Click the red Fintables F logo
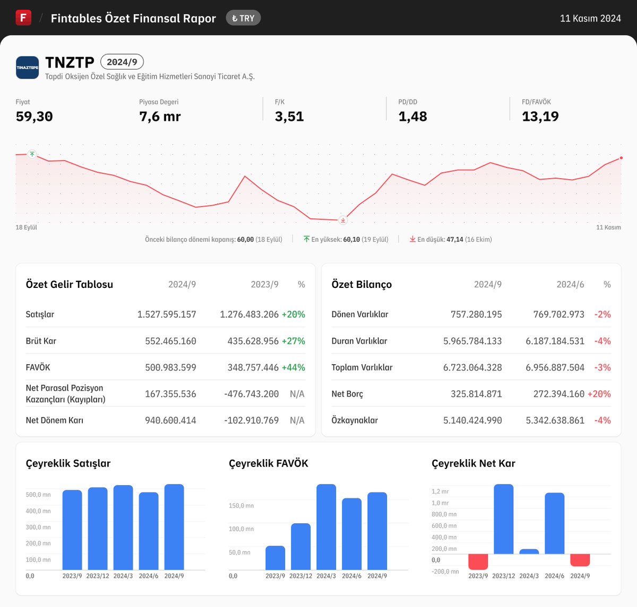pyautogui.click(x=23, y=17)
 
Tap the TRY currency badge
pyautogui.click(x=243, y=18)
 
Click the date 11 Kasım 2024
pyautogui.click(x=590, y=19)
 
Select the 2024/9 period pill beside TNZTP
pyautogui.click(x=122, y=62)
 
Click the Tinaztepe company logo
pyautogui.click(x=27, y=67)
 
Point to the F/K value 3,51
pyautogui.click(x=289, y=117)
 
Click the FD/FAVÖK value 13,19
pyautogui.click(x=540, y=117)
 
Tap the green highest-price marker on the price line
pyautogui.click(x=32, y=154)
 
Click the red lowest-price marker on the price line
pyautogui.click(x=343, y=220)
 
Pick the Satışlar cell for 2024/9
pyautogui.click(x=167, y=314)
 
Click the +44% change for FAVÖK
pyautogui.click(x=294, y=367)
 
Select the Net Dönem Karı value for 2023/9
pyautogui.click(x=252, y=420)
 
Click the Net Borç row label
pyautogui.click(x=347, y=394)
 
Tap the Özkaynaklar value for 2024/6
pyautogui.click(x=555, y=420)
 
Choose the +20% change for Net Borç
pyautogui.click(x=599, y=394)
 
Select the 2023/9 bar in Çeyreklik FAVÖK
pyautogui.click(x=275, y=558)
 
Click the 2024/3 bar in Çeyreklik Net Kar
pyautogui.click(x=529, y=551)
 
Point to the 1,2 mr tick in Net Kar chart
pyautogui.click(x=440, y=491)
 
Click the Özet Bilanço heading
pyautogui.click(x=361, y=285)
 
